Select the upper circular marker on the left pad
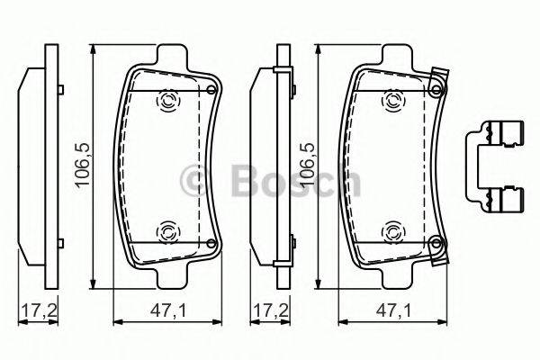167,102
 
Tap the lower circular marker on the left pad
167,232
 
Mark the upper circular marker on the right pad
392,102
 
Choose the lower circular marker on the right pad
392,232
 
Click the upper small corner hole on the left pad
211,90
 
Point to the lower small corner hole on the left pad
211,243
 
